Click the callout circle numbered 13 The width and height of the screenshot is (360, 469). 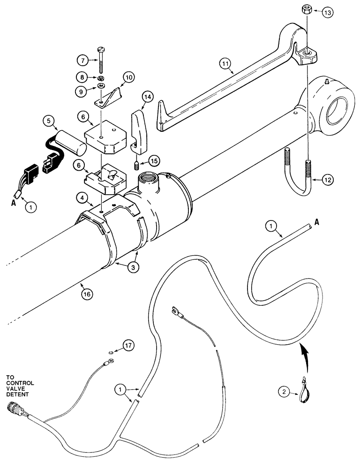coord(327,13)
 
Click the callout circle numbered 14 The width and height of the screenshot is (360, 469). coord(148,97)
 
